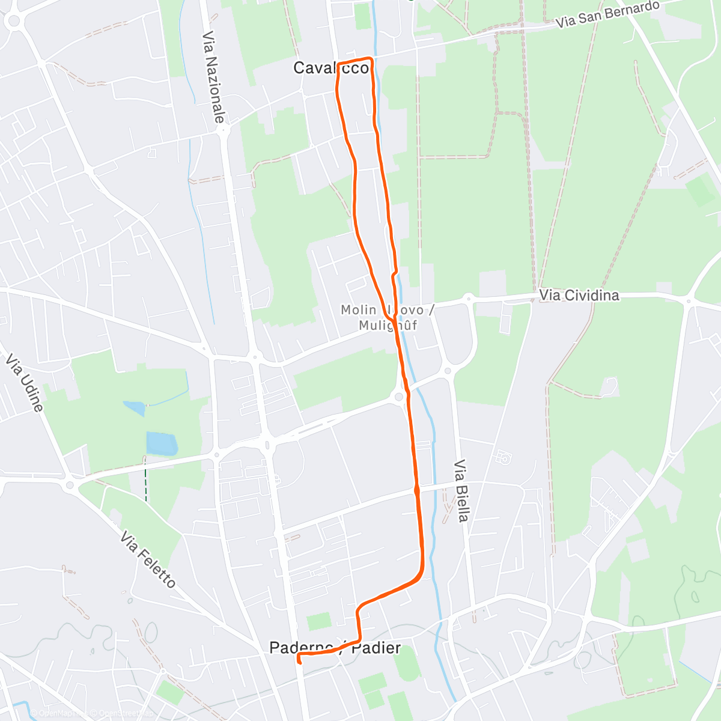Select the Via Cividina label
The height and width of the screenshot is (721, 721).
click(579, 295)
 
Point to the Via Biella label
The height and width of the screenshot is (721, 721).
click(461, 491)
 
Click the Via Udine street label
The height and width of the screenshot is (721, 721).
click(24, 383)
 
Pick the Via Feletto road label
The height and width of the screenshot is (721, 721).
click(148, 559)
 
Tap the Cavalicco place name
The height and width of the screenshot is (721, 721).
click(331, 68)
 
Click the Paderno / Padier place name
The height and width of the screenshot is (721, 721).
click(335, 648)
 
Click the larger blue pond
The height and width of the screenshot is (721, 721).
click(162, 443)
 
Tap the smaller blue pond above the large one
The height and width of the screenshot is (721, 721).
click(135, 409)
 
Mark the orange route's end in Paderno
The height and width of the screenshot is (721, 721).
click(299, 661)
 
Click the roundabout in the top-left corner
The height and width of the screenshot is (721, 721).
click(13, 21)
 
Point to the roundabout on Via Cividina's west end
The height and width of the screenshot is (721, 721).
click(469, 297)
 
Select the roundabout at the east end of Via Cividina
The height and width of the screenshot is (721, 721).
click(689, 299)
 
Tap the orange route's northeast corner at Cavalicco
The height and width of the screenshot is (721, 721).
click(371, 59)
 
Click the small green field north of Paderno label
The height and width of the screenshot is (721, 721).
click(318, 621)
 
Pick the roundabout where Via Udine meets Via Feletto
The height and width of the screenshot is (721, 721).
click(70, 484)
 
